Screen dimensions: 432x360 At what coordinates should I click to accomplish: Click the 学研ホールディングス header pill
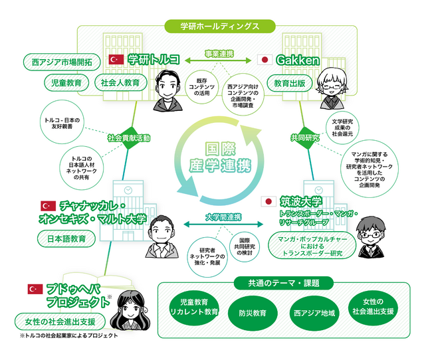click(x=220, y=27)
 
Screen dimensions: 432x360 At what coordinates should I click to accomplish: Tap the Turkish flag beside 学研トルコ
click(x=116, y=60)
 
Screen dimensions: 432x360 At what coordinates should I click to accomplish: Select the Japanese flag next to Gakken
click(x=265, y=60)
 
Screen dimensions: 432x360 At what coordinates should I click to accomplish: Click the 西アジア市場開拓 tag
click(x=62, y=62)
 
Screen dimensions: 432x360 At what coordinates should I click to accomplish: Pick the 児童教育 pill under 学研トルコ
click(x=66, y=82)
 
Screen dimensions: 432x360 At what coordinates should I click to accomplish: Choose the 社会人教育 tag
click(x=120, y=82)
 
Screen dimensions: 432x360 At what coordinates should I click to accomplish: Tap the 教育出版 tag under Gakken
click(x=290, y=83)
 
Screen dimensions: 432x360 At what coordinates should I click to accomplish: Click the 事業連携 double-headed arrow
click(x=218, y=60)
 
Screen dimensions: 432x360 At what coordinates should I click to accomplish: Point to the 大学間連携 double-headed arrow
click(x=223, y=225)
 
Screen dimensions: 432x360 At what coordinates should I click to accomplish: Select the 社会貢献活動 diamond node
click(x=129, y=137)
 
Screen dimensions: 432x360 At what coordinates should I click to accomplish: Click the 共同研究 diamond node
click(x=305, y=137)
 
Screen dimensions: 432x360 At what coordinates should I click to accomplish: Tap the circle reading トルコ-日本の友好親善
click(x=62, y=122)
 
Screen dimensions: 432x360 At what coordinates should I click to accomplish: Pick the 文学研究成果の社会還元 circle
click(x=342, y=128)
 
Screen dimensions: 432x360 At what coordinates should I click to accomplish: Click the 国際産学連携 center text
click(x=220, y=157)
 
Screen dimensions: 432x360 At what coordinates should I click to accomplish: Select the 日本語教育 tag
click(x=66, y=238)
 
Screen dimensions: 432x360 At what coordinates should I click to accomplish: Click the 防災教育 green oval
click(x=253, y=313)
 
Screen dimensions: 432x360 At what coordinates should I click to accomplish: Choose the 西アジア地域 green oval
click(x=314, y=313)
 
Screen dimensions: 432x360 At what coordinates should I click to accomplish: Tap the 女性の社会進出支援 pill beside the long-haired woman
click(x=60, y=321)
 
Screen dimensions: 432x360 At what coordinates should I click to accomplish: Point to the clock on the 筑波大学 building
click(x=319, y=190)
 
